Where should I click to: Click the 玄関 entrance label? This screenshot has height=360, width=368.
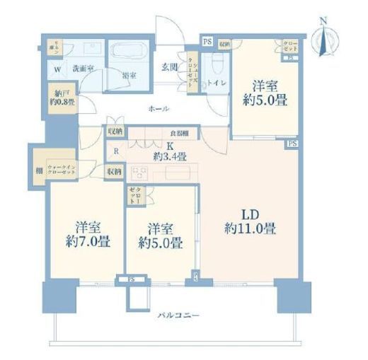169,69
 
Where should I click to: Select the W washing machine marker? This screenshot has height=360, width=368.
57,69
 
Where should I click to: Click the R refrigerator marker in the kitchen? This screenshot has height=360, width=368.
115,151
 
